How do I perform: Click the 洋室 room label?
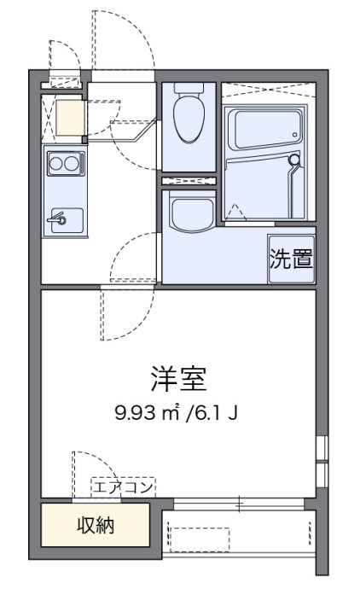tap(178, 377)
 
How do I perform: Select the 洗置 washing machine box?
tap(291, 259)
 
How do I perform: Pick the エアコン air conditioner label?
tap(124, 487)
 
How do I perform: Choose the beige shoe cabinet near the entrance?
tap(66, 118)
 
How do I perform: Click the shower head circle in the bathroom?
tap(294, 160)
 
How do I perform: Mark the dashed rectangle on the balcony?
tap(199, 539)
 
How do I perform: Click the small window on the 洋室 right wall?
tap(321, 461)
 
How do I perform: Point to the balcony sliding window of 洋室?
tap(239, 506)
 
